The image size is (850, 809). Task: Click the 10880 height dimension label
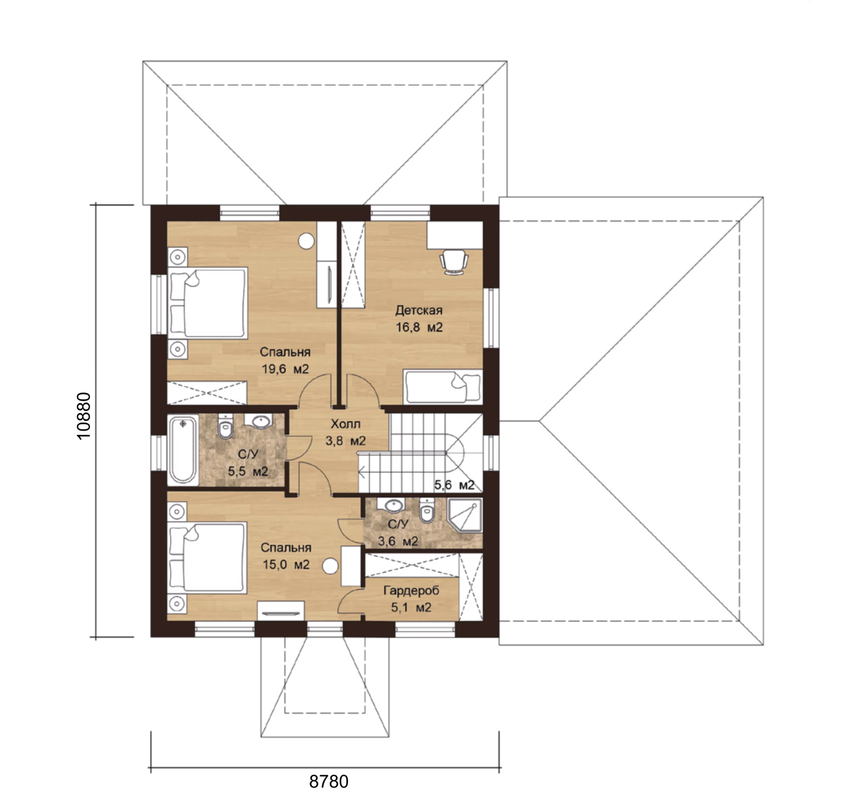coord(83,416)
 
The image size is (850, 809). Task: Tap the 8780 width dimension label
coord(329,782)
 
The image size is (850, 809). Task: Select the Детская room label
coord(419,310)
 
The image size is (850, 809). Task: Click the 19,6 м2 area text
coord(285,369)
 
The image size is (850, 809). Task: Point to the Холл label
coord(345,424)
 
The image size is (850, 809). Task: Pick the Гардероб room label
coord(411,590)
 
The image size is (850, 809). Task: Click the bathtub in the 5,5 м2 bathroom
coord(183,449)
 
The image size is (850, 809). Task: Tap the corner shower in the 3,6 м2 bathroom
coord(465,515)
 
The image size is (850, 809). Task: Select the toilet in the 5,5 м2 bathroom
coord(225,426)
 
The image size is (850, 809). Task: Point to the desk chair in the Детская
coord(453,262)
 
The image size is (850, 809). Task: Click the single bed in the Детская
coord(443,387)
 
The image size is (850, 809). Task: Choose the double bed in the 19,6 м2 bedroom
coord(208,303)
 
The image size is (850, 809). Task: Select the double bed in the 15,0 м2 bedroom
coord(207,558)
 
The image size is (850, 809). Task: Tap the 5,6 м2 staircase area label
coord(454,485)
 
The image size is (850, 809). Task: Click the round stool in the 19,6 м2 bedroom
coord(306,241)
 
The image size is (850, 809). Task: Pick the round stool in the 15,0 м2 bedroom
coord(330,566)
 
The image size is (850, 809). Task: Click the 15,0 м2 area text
coord(286,564)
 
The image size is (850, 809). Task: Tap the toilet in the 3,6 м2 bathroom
coord(427,511)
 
